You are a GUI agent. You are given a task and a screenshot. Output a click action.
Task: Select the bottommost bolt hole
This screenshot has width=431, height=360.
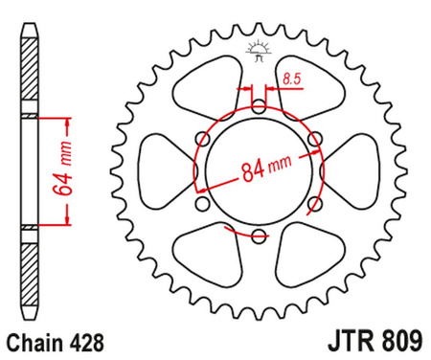click(x=258, y=236)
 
